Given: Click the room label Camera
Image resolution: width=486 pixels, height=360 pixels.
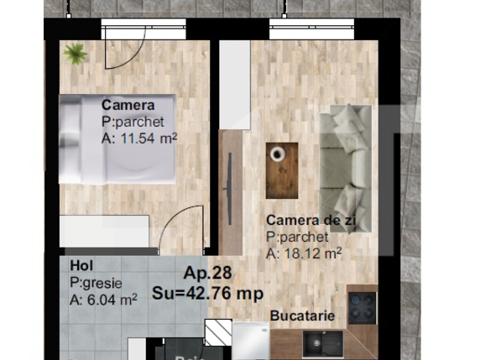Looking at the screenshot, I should [x=128, y=105].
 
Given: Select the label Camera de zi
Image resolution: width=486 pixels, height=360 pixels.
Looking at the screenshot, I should [x=304, y=220].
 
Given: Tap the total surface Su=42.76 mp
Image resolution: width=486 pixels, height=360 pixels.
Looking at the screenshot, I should [x=207, y=293].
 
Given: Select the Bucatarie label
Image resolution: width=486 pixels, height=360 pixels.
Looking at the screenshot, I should [x=302, y=316].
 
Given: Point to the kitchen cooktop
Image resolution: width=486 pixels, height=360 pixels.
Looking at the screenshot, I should [x=362, y=308].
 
